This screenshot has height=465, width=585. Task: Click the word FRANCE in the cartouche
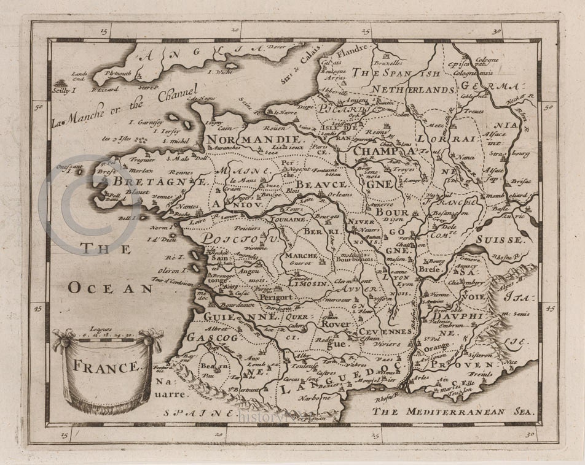98,367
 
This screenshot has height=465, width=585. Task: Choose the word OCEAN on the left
110,287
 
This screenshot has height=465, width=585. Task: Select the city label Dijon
383,217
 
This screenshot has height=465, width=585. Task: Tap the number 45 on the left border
38,310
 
